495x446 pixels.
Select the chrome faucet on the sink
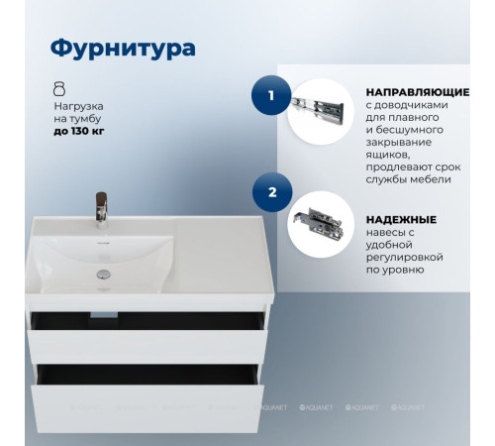click(101, 207)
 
